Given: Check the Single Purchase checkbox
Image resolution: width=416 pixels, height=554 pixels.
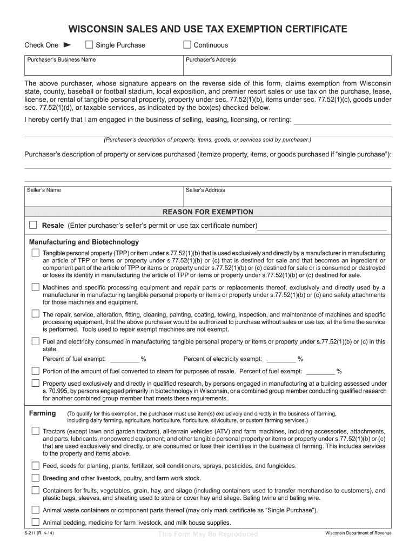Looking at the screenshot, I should coord(90,45).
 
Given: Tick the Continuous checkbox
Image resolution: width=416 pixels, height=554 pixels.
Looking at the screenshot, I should coord(187,45).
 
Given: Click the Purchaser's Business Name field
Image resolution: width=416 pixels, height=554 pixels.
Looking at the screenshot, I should coord(103,68).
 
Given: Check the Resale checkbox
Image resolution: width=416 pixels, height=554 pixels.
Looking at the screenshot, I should coord(33,225).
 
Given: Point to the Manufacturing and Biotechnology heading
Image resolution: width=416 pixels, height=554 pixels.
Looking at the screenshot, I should coord(84,242).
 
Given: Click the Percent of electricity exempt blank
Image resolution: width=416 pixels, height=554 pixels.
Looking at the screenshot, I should coord(281,359).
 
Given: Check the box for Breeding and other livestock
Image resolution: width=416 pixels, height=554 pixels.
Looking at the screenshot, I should coord(35,478).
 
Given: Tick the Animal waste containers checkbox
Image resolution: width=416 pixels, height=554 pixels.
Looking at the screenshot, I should coord(35,510).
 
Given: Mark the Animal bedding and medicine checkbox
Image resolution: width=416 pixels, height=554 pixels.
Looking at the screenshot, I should coord(35,522).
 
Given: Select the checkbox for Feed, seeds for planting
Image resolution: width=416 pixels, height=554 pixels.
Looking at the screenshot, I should coord(35,465).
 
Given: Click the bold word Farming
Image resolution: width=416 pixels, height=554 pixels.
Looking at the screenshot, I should coord(42,413).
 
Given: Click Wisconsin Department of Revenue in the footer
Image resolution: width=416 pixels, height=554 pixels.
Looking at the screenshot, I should coord(358,533).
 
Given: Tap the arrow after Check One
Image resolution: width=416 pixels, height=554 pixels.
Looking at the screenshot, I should coord(68,45).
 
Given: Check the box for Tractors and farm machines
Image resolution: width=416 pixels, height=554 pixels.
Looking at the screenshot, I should coord(35,431).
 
